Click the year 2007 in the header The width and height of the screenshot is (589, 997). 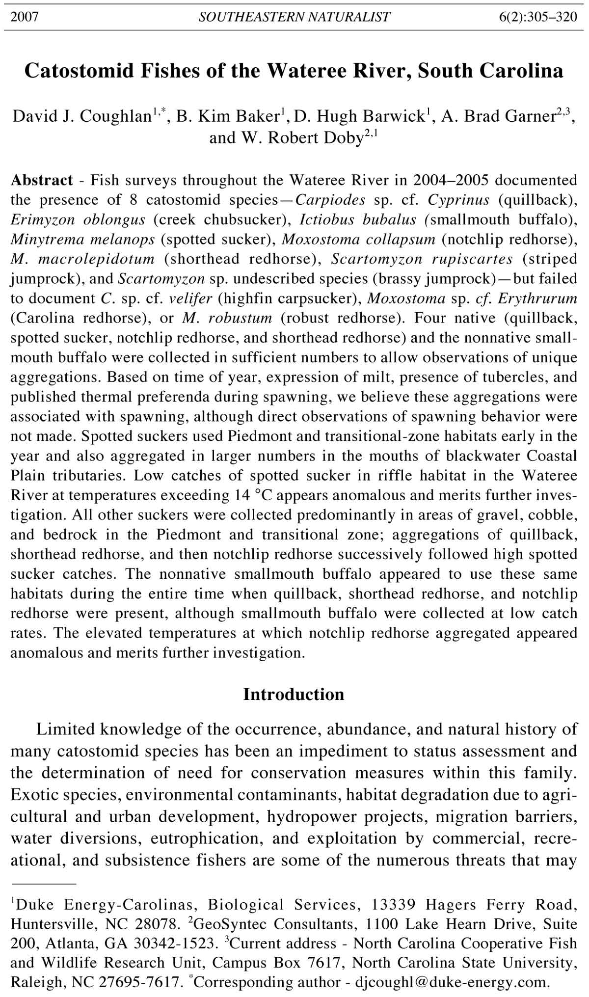[x=25, y=18]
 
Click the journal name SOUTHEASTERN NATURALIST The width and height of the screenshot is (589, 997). [x=294, y=18]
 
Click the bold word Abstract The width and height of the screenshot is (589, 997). [x=42, y=180]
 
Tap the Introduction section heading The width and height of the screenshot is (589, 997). [x=294, y=695]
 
